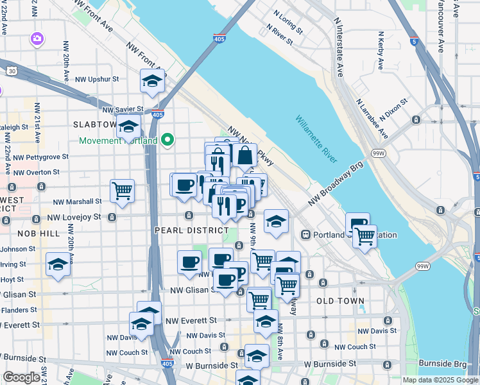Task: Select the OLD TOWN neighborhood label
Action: (340, 301)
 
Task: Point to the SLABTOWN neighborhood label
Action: (95, 124)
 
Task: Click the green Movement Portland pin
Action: (168, 139)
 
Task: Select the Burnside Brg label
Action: (442, 363)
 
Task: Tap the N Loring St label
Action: (287, 25)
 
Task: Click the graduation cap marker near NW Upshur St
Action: (152, 81)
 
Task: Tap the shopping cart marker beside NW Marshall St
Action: (122, 191)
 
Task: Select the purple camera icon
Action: (37, 39)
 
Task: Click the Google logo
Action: (21, 377)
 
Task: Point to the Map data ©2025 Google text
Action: (440, 380)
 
